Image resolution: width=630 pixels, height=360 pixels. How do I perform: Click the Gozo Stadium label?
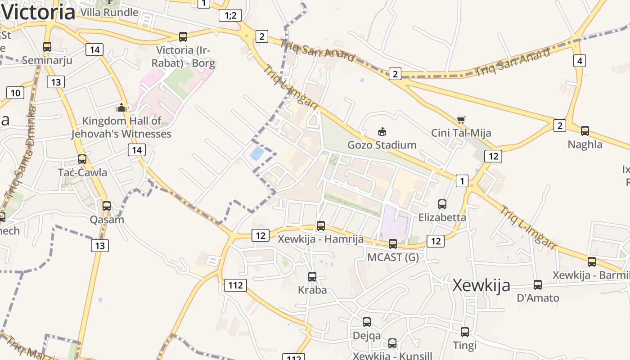tap(382, 145)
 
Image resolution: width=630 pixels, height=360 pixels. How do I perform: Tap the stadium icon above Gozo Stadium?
tap(382, 131)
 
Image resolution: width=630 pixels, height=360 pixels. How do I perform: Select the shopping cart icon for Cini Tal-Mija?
tap(461, 120)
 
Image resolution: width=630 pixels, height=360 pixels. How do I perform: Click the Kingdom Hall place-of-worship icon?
tap(121, 108)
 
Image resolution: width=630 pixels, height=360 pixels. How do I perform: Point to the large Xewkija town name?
tap(481, 285)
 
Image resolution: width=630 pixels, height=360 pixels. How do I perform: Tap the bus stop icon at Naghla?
tap(585, 131)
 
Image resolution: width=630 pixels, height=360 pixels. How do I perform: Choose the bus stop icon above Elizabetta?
tap(442, 204)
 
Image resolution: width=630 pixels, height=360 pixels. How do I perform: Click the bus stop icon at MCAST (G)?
tap(393, 244)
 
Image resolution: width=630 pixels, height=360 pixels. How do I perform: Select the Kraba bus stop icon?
tap(312, 277)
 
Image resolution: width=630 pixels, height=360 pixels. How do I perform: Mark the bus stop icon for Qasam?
tap(107, 206)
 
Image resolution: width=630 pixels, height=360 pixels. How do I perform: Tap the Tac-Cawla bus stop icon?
tap(82, 159)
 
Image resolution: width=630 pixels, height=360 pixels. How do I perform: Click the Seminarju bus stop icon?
tap(47, 46)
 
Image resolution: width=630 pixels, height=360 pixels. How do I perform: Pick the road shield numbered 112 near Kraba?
tap(235, 285)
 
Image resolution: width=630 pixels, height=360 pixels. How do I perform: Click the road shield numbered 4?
tap(580, 61)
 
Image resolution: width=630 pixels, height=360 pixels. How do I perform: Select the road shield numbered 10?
tap(15, 93)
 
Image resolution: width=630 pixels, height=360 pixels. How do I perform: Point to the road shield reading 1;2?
tap(230, 16)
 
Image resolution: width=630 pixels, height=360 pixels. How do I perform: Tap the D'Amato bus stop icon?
tap(538, 285)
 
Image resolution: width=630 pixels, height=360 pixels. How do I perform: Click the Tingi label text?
tap(464, 346)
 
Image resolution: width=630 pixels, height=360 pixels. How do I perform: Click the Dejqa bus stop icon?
tap(367, 322)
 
